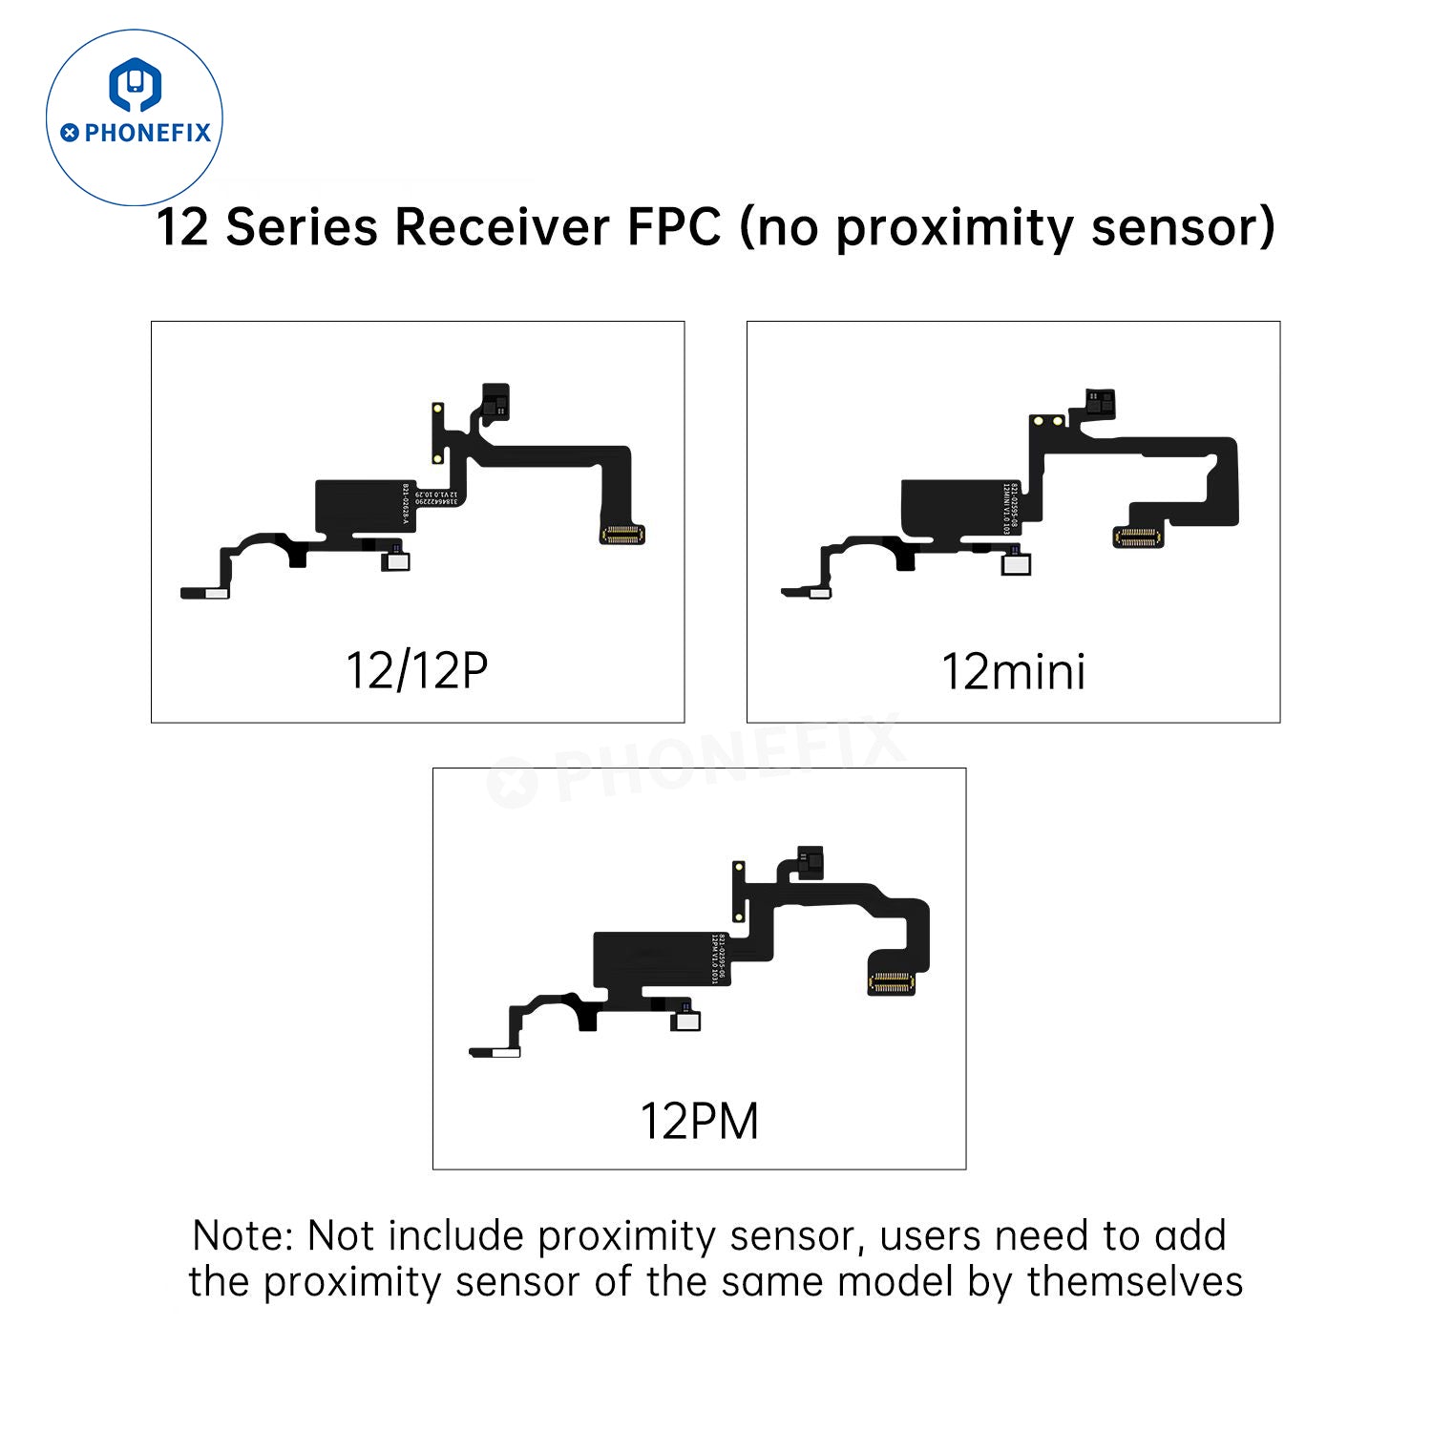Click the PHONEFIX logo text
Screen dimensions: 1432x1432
point(146,133)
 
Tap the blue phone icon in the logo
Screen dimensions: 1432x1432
point(135,84)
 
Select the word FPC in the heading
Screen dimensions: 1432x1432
point(674,228)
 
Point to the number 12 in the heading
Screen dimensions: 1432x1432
point(182,228)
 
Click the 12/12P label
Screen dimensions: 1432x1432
point(417,670)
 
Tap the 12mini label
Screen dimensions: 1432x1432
point(1013,672)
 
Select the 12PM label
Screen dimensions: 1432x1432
point(699,1121)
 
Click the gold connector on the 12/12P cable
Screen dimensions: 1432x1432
point(621,535)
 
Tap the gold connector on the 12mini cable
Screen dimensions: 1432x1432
point(1138,537)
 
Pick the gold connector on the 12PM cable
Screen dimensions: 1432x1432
point(891,981)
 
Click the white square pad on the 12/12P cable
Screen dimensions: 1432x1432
point(395,561)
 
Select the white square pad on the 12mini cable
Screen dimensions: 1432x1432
point(1017,564)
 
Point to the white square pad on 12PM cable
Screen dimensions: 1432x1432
point(686,1021)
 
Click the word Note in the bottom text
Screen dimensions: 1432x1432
point(242,1235)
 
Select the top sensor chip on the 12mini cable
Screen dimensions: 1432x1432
point(1100,404)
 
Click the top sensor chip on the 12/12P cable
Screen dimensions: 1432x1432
point(495,401)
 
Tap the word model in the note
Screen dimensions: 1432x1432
point(895,1281)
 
